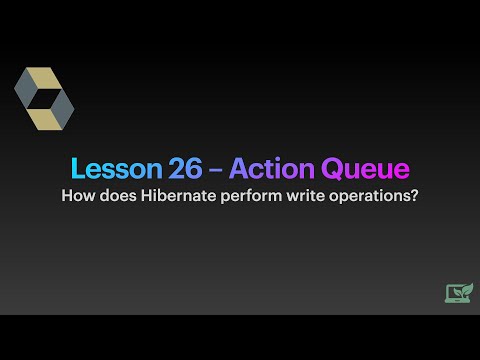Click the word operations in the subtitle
pos(362,196)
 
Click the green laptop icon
pos(459,293)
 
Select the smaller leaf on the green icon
pos(456,293)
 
